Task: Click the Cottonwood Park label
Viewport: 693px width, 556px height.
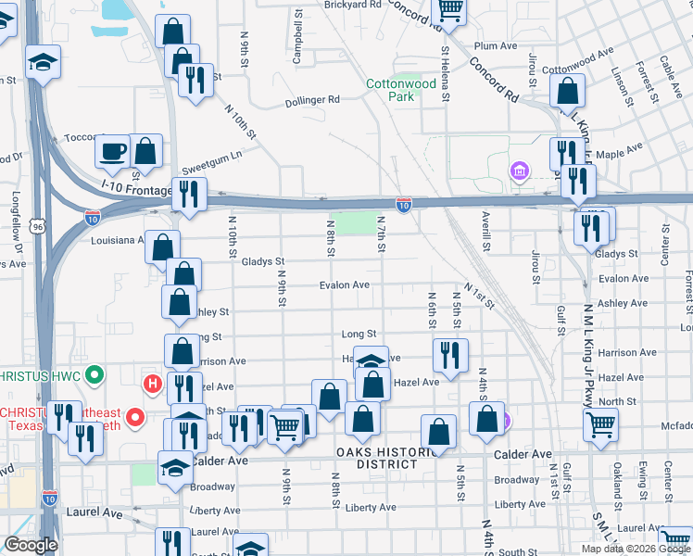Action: pyautogui.click(x=400, y=90)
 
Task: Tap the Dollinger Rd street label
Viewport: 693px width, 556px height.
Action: pyautogui.click(x=312, y=100)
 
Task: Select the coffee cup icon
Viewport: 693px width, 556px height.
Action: pyautogui.click(x=113, y=150)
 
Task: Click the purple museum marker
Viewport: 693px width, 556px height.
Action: pyautogui.click(x=518, y=171)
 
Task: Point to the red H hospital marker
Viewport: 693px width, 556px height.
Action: pyautogui.click(x=151, y=382)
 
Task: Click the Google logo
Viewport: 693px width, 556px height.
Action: pyautogui.click(x=31, y=546)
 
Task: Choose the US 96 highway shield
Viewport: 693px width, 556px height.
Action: pyautogui.click(x=37, y=225)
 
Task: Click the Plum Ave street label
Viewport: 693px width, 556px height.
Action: pyautogui.click(x=495, y=45)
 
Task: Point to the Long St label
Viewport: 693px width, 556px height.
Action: pyautogui.click(x=359, y=334)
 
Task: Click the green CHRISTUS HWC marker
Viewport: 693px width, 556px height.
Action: pyautogui.click(x=93, y=375)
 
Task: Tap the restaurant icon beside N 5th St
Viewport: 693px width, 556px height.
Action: pyautogui.click(x=450, y=355)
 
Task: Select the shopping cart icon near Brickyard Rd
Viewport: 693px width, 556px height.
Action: pyautogui.click(x=450, y=9)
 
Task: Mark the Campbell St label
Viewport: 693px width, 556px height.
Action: pyautogui.click(x=297, y=38)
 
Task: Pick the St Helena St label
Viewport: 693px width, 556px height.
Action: pyautogui.click(x=446, y=74)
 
